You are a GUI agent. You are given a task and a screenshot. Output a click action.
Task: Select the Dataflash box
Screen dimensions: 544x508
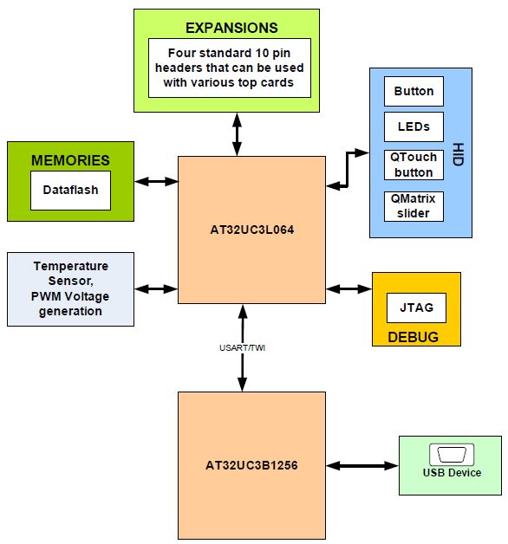(x=70, y=190)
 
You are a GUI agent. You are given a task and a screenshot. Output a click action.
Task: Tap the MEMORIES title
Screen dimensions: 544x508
(x=70, y=160)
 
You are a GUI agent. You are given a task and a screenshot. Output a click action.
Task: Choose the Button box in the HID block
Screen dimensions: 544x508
(x=414, y=91)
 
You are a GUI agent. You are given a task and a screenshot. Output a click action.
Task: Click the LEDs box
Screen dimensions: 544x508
(x=414, y=126)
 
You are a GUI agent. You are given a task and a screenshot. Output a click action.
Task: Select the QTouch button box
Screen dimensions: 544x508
(x=414, y=165)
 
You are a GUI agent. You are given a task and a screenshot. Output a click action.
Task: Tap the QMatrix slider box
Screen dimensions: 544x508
(x=414, y=206)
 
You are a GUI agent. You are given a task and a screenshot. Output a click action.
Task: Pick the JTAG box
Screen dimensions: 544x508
(x=416, y=308)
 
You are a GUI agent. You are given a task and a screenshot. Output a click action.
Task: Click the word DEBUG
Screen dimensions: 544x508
(x=413, y=336)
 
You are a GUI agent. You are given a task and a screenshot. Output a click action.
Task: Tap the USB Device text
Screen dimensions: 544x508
(x=451, y=473)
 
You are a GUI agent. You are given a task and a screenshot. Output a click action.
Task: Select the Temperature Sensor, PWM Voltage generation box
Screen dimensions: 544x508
(x=70, y=288)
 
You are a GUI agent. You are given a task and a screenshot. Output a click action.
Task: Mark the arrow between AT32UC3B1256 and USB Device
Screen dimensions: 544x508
(x=361, y=466)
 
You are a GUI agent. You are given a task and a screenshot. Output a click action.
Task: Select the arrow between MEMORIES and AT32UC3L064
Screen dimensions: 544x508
(x=156, y=181)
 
